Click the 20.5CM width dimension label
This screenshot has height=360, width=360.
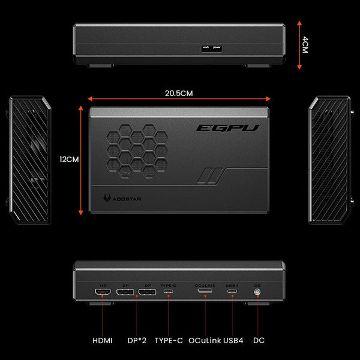click(x=179, y=93)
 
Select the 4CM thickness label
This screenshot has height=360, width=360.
click(x=305, y=44)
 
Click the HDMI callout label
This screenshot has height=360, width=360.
click(x=102, y=340)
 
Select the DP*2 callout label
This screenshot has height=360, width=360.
click(x=137, y=340)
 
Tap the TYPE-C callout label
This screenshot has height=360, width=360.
click(x=169, y=340)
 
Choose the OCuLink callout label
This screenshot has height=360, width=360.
click(x=205, y=340)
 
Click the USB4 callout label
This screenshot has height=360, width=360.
click(x=233, y=340)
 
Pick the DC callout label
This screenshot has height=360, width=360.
click(x=259, y=340)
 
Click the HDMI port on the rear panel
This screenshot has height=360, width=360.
click(x=103, y=293)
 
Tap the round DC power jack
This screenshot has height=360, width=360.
click(x=258, y=293)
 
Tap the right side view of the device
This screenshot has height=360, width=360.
click(x=329, y=159)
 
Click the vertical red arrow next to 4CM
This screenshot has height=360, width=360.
click(x=299, y=44)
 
